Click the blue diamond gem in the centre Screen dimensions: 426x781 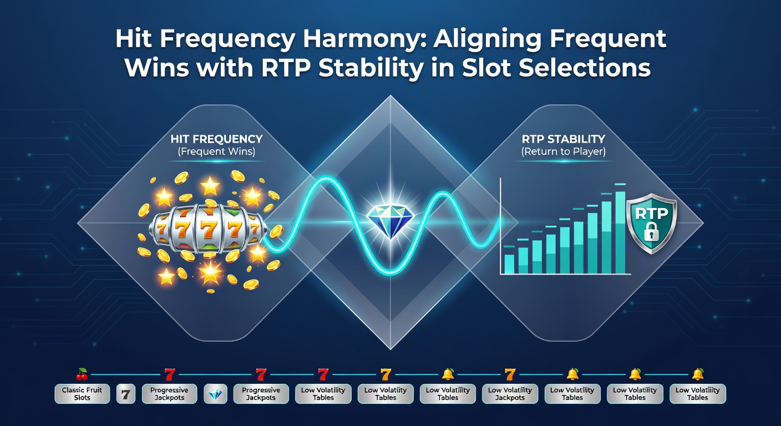point(390,220)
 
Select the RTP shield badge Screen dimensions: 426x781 point(651,224)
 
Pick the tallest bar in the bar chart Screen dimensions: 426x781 point(621,232)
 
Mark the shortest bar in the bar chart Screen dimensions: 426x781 point(509,264)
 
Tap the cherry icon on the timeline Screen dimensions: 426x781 point(82,374)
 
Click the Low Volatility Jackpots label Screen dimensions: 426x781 point(510,394)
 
